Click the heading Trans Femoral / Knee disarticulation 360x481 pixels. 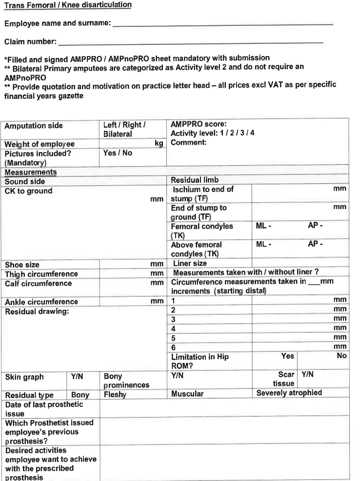coord(68,5)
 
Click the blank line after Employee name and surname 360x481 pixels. coord(222,23)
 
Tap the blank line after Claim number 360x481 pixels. coord(190,42)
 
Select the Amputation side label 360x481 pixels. coord(34,126)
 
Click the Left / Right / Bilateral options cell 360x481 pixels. coord(125,130)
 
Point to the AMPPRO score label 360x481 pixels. coord(199,124)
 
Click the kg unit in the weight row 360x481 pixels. coord(159,144)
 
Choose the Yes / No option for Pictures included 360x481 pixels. coord(118,153)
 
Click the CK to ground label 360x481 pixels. coord(28,191)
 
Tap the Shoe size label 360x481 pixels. coord(22,265)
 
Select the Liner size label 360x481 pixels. coord(190,264)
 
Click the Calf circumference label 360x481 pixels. coord(38,284)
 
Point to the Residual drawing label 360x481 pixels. coord(37,312)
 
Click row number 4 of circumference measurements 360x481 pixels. coord(173,328)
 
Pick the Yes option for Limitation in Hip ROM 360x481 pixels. coord(288,356)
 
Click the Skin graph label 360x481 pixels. coord(24,377)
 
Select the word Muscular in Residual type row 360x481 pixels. coord(188,393)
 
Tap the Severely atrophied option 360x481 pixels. coord(289,393)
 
